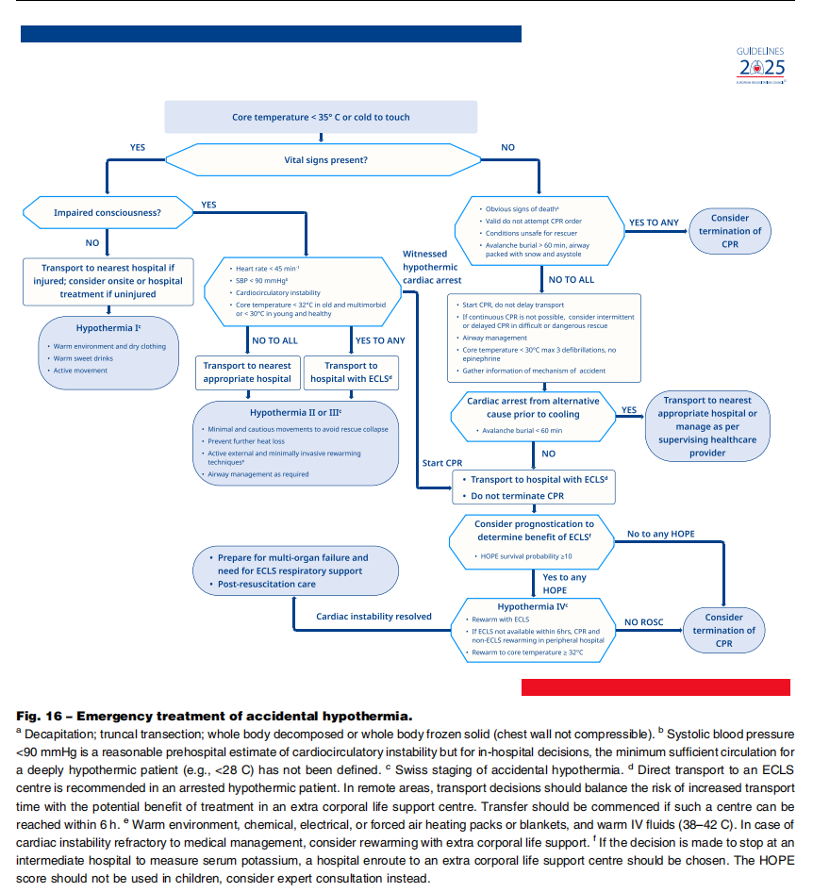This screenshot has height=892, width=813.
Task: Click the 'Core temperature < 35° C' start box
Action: coord(321,117)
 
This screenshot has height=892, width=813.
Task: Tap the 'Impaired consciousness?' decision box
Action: coord(107,213)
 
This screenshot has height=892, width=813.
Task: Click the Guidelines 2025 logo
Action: coord(760,65)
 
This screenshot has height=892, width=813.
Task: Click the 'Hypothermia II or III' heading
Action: coord(296,413)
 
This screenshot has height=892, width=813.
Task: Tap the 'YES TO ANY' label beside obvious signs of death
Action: coord(654,223)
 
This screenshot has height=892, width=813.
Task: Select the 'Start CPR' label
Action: coord(441,463)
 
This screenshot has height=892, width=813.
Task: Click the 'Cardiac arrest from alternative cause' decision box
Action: coord(533,407)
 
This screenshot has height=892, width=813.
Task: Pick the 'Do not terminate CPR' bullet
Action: coord(517,495)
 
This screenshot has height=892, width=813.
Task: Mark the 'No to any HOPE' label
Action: coord(660,534)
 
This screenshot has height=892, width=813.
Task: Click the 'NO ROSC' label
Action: coord(646,622)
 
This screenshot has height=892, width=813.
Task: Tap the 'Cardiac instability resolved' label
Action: coord(373,617)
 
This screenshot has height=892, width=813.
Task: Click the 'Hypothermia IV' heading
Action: coord(533,605)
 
